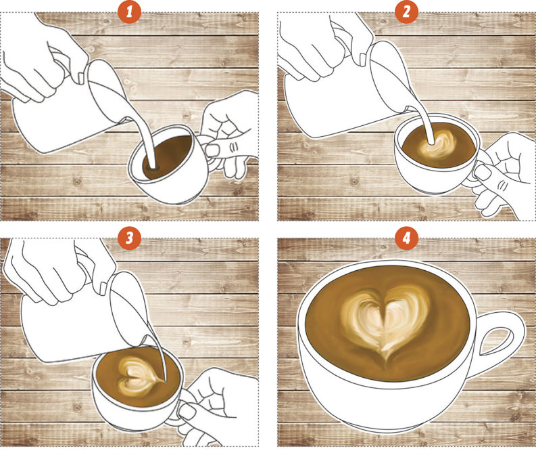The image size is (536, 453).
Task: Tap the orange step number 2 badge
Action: click(406, 12)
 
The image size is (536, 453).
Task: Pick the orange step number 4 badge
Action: click(406, 238)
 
